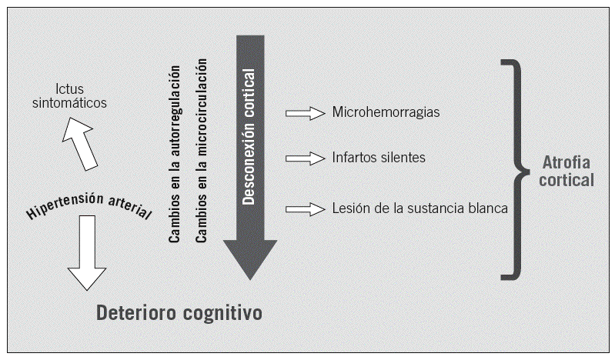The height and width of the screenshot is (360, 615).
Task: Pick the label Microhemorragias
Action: tap(386, 112)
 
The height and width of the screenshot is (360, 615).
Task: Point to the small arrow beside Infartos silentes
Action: tap(305, 158)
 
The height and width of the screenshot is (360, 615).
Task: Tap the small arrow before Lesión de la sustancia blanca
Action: tap(305, 208)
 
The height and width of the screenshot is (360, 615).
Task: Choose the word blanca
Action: tap(488, 208)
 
